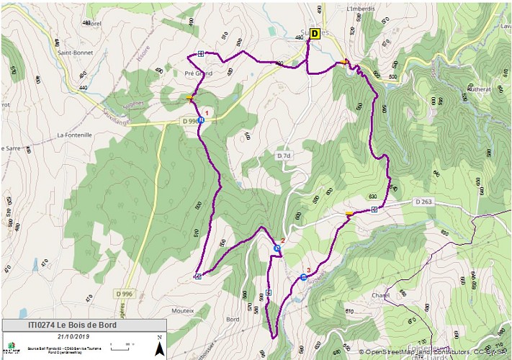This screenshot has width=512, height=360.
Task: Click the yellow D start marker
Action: (315, 33)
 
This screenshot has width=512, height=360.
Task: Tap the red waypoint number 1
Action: (207, 112)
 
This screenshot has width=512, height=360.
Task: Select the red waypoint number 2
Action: (283, 240)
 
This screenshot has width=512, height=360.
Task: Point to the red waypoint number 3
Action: (308, 270)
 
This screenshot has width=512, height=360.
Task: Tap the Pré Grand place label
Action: (199, 73)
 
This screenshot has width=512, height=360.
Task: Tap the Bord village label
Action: (233, 318)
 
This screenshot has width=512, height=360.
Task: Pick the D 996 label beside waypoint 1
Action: (189, 122)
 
